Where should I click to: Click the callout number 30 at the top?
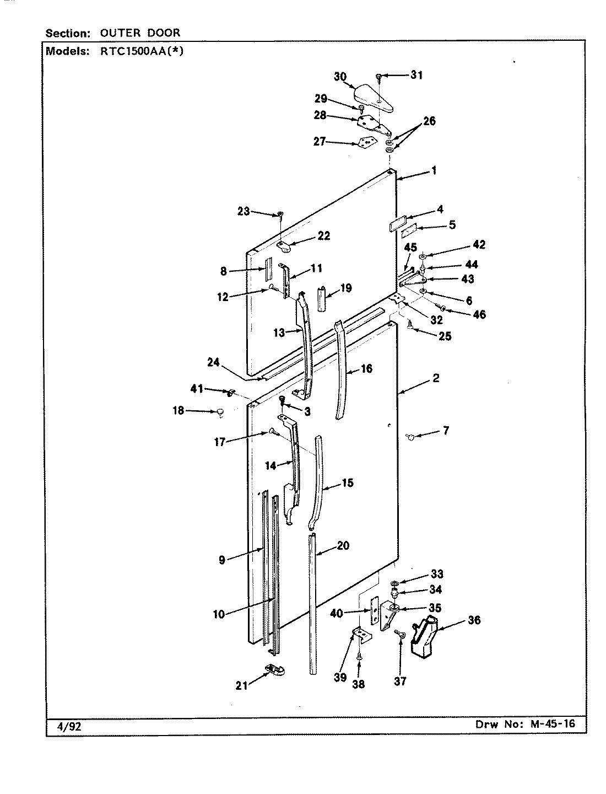pyautogui.click(x=340, y=77)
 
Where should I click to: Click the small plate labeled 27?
pyautogui.click(x=364, y=143)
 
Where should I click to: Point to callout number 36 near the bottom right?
pyautogui.click(x=473, y=620)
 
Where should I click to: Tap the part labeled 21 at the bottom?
pyautogui.click(x=274, y=669)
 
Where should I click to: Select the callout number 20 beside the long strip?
pyautogui.click(x=342, y=545)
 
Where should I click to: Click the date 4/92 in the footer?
pyautogui.click(x=69, y=727)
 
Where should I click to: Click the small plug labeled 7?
pyautogui.click(x=410, y=437)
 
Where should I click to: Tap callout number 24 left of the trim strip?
pyautogui.click(x=213, y=362)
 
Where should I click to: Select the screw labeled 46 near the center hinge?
pyautogui.click(x=440, y=306)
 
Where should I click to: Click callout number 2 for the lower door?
pyautogui.click(x=435, y=378)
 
